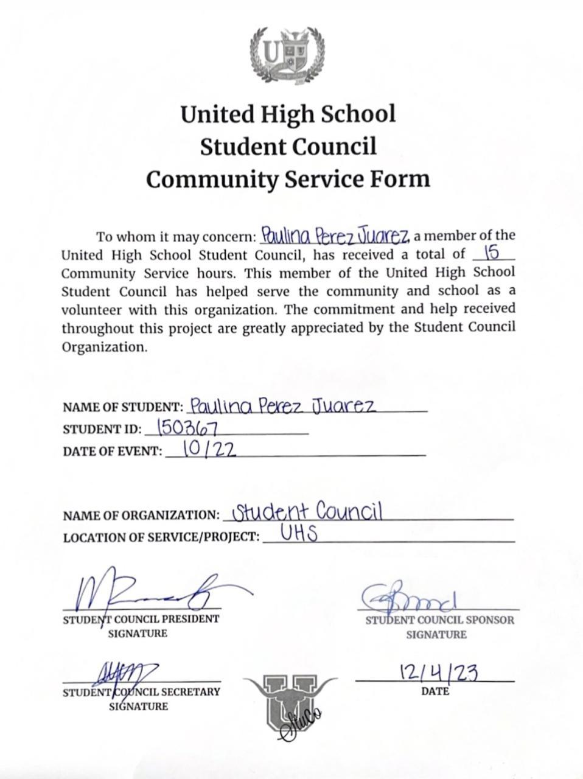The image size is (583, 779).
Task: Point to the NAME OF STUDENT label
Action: point(122,407)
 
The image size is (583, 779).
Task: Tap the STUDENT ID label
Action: point(102,429)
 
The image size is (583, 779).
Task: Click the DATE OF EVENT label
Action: point(113,452)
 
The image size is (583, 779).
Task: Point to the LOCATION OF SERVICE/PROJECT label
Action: point(161,537)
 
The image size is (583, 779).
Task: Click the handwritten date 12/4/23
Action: point(438,672)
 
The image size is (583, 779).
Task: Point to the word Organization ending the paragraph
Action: point(103,347)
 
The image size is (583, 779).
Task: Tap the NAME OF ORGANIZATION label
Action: point(141,515)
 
